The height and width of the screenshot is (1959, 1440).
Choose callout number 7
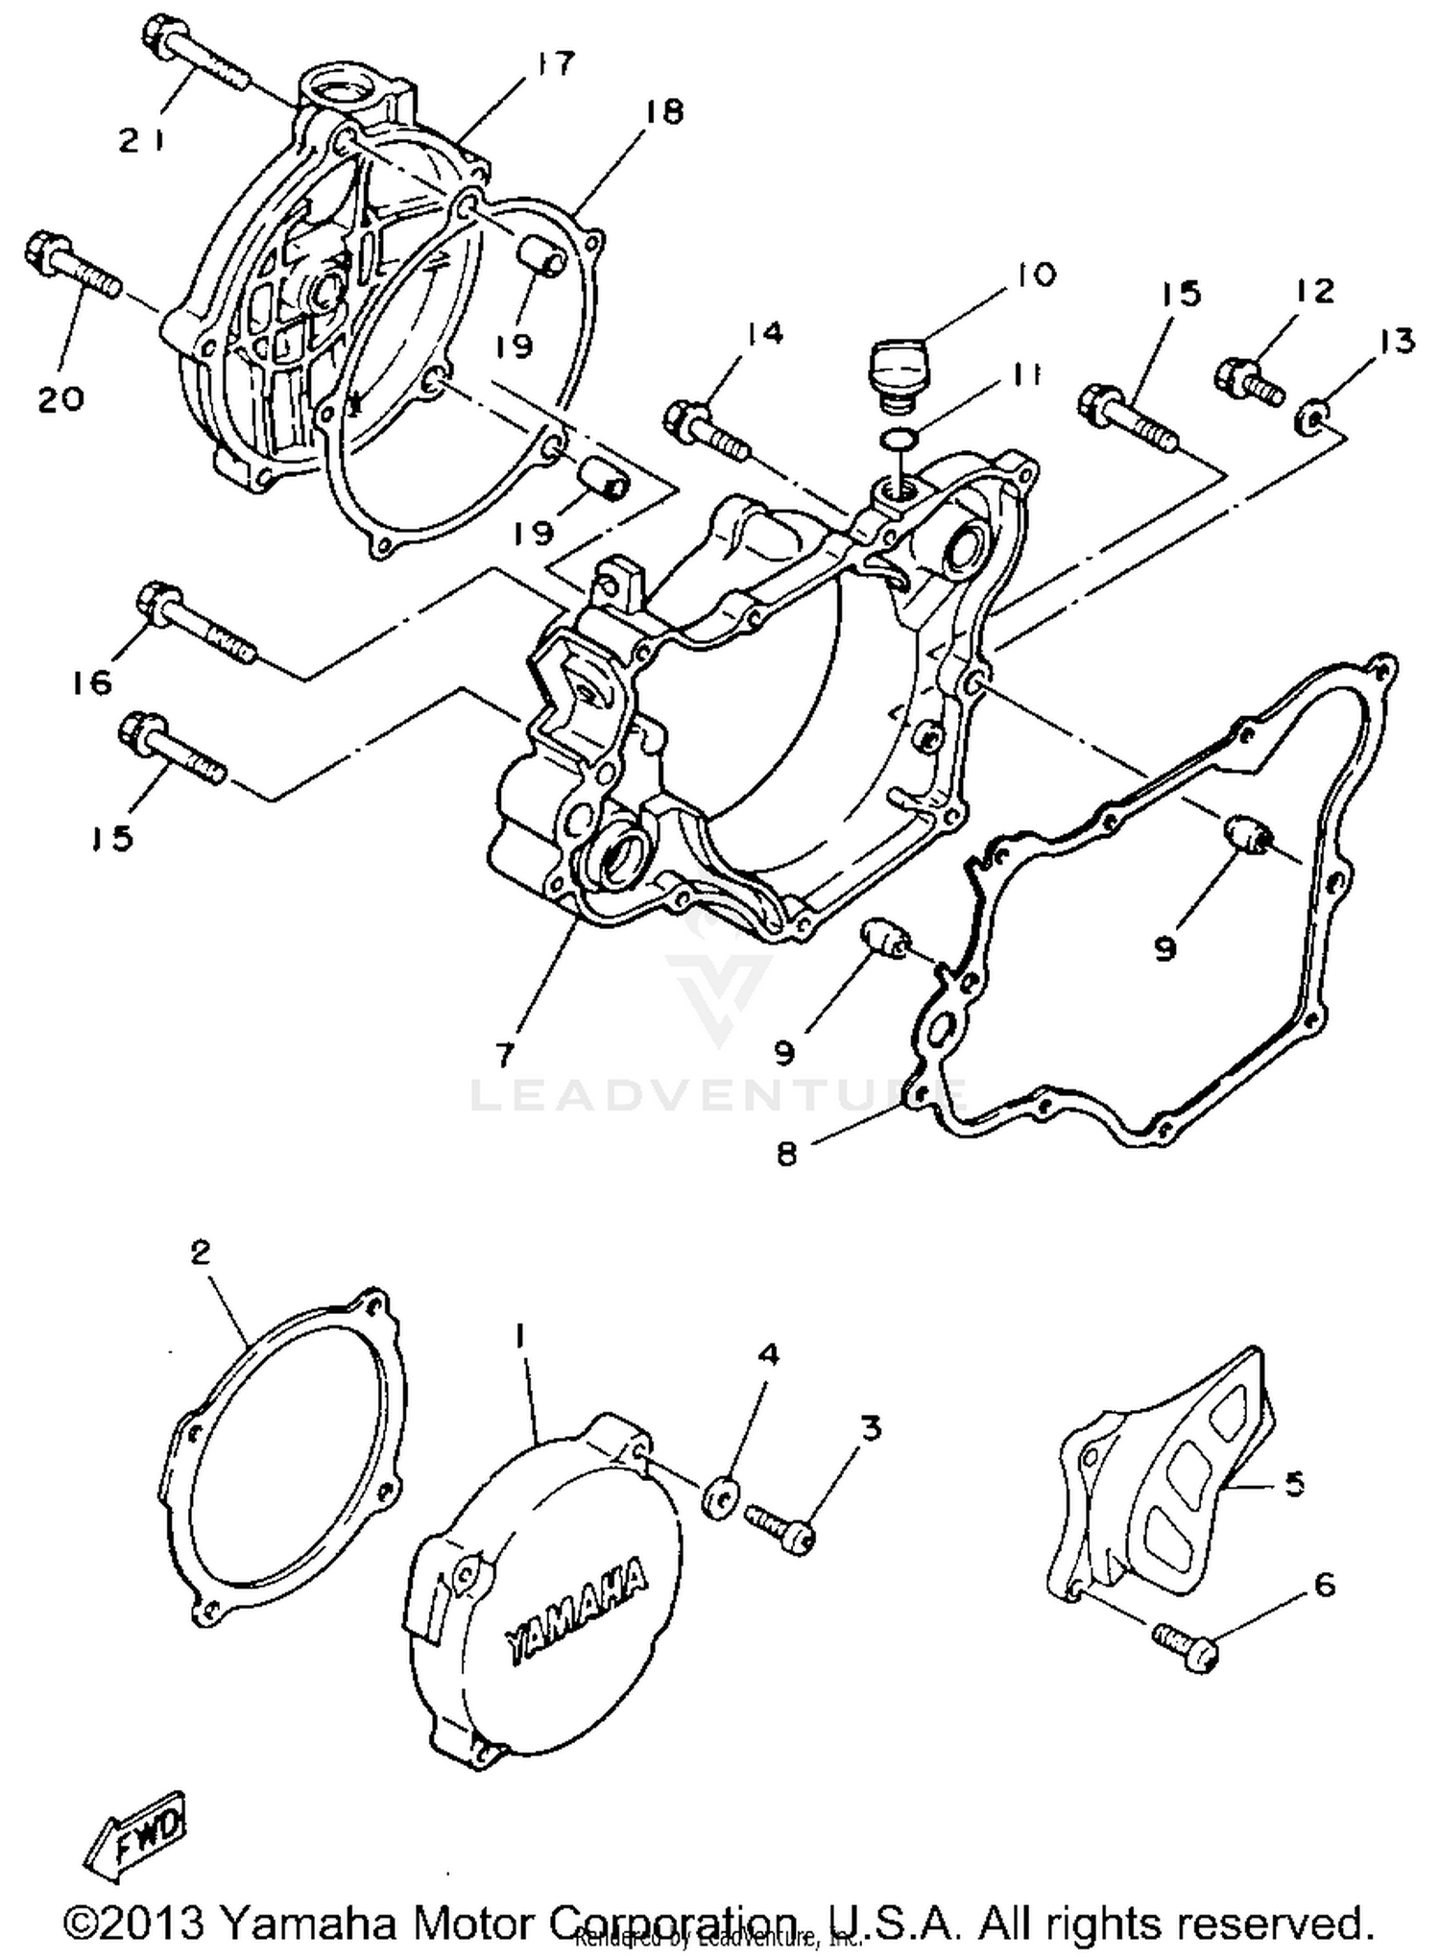[x=504, y=1053]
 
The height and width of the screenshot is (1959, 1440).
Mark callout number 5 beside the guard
[x=1293, y=1485]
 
